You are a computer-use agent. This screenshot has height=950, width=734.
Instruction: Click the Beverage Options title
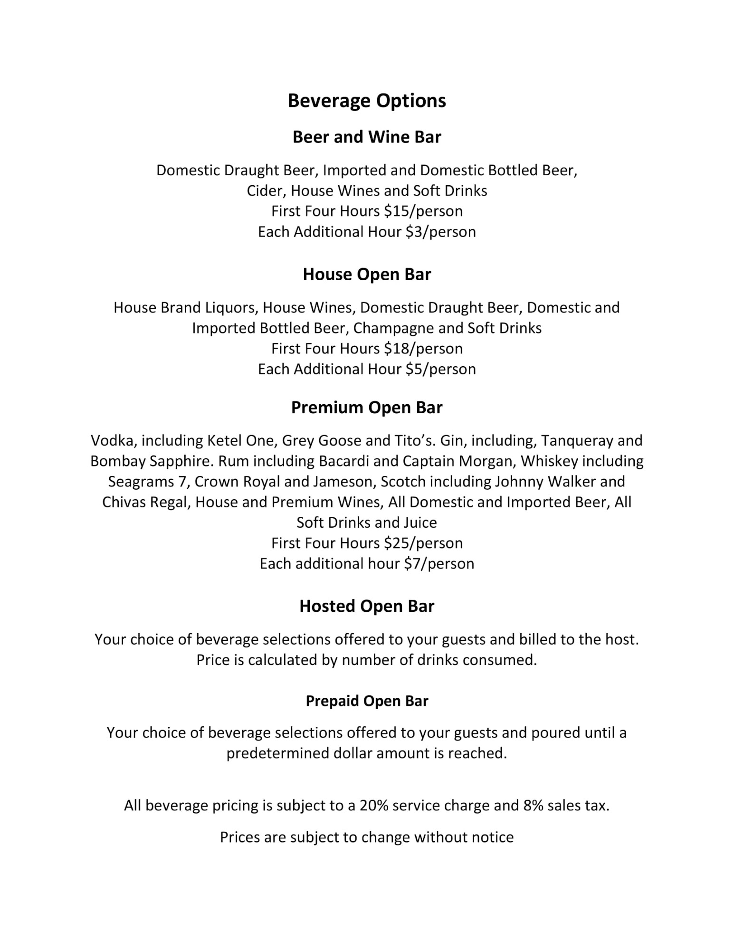click(367, 101)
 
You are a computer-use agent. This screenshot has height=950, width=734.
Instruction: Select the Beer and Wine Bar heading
click(367, 137)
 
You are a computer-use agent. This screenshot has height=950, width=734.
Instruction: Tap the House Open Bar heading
click(367, 274)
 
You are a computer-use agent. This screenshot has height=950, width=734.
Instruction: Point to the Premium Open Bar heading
click(367, 408)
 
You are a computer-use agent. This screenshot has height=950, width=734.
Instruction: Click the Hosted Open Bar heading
click(367, 606)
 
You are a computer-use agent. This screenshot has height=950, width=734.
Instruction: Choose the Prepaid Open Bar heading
click(367, 701)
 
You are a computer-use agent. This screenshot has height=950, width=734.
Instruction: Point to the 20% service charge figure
click(374, 806)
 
